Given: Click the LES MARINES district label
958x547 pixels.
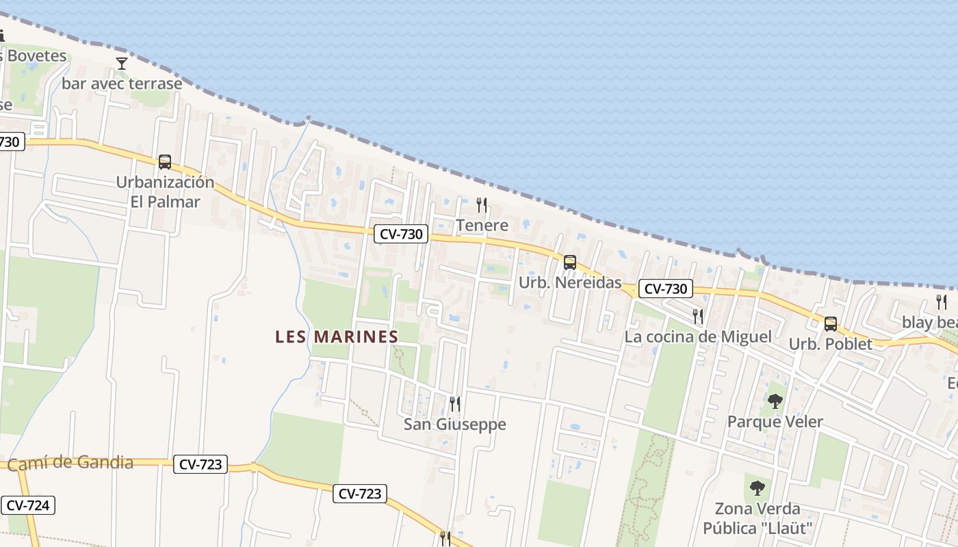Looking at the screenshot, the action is tap(337, 336).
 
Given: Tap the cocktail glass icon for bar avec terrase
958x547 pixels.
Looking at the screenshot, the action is tap(122, 64).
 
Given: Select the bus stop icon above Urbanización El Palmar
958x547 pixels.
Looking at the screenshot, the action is tap(165, 162).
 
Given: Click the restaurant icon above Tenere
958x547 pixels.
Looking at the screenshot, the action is tap(482, 204).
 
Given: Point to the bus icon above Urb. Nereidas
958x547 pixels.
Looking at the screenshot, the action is tap(569, 262).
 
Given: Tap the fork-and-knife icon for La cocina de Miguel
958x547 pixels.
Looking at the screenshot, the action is tap(697, 316).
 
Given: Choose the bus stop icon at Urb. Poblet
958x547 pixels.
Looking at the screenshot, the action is tap(830, 323).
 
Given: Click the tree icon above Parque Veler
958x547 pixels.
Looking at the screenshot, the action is tap(775, 401).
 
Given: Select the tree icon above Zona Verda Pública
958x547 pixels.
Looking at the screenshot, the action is tap(757, 488).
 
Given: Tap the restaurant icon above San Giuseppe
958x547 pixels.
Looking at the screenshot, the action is tap(454, 403).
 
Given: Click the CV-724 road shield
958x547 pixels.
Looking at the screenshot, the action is tap(27, 505).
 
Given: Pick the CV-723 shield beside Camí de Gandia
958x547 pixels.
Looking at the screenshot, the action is tap(200, 464).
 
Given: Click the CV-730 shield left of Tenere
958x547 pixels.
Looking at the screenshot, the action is tap(401, 234).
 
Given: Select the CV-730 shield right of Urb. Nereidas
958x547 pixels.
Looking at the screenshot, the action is tap(666, 289).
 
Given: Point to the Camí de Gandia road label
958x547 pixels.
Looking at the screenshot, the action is tap(70, 463).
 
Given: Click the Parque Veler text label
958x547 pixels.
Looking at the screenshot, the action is tap(775, 422).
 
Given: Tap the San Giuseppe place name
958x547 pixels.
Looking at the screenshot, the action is tap(454, 425).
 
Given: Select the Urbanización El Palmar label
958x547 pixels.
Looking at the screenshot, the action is tap(165, 192).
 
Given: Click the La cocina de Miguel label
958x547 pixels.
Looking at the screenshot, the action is tap(697, 337).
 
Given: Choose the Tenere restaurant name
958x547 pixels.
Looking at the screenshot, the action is tap(482, 226).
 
